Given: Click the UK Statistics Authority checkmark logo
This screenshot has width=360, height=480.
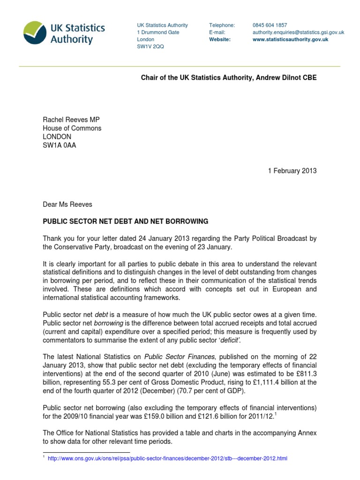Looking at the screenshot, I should [36, 32].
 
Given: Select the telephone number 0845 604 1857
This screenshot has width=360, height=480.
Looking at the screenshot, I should [270, 25].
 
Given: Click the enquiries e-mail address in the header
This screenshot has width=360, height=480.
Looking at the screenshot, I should [298, 32].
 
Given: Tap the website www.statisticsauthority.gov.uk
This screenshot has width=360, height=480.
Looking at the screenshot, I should [290, 40].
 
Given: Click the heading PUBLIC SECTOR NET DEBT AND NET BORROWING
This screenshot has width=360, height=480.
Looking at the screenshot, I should [125, 221].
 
